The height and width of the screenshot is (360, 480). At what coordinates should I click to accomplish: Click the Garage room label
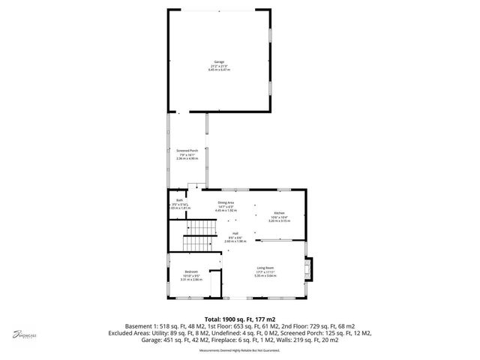click(x=219, y=62)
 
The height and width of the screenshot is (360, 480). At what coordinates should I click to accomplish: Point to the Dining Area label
click(x=225, y=203)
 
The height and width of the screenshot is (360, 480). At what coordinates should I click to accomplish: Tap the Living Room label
click(x=265, y=268)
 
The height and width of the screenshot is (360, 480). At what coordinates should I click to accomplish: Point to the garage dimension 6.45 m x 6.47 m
click(x=219, y=70)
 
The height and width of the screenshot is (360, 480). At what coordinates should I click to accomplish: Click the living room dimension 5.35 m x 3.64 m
click(x=265, y=276)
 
